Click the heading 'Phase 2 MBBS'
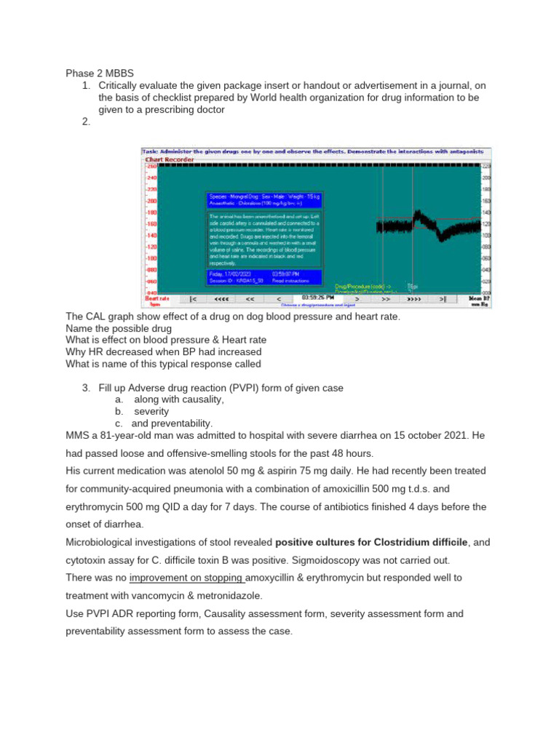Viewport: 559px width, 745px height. point(100,73)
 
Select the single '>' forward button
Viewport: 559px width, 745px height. point(356,298)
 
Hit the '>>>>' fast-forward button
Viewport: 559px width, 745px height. point(413,298)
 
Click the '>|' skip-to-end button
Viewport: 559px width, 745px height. point(443,298)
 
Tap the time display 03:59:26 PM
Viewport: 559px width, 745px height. point(317,298)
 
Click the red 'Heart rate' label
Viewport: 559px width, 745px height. point(157,298)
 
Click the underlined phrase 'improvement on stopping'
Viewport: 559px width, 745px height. point(187,578)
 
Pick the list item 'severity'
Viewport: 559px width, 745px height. point(151,411)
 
